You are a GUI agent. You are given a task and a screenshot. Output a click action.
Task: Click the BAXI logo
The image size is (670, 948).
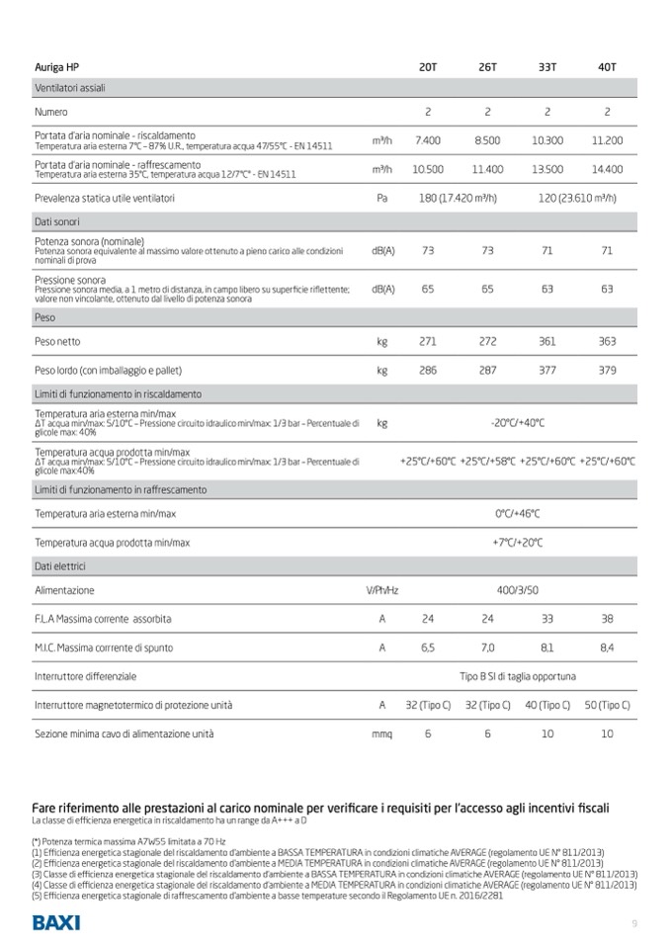56,923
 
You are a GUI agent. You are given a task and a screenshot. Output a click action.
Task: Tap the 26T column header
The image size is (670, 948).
487,67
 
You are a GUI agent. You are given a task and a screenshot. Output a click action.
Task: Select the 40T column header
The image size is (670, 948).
607,67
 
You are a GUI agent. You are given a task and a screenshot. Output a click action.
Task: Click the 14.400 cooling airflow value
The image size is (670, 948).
607,169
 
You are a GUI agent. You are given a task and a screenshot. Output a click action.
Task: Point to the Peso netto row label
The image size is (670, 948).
56,341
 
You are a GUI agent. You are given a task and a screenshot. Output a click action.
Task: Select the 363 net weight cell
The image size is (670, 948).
607,341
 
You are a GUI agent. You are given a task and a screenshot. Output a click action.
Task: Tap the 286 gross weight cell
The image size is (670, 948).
428,371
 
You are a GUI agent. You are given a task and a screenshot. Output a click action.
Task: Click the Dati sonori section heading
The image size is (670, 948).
57,221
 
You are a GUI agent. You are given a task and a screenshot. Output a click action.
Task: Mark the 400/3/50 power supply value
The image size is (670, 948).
518,590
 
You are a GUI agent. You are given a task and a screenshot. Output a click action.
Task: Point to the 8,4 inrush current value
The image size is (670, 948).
607,647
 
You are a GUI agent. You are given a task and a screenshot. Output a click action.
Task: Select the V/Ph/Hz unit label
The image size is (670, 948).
381,590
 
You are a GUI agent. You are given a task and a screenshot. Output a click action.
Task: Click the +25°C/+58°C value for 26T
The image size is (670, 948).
487,461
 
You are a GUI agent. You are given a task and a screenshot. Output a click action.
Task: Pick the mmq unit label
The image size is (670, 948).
381,734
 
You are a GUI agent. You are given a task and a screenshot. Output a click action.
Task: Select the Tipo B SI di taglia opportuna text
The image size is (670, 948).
518,676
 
